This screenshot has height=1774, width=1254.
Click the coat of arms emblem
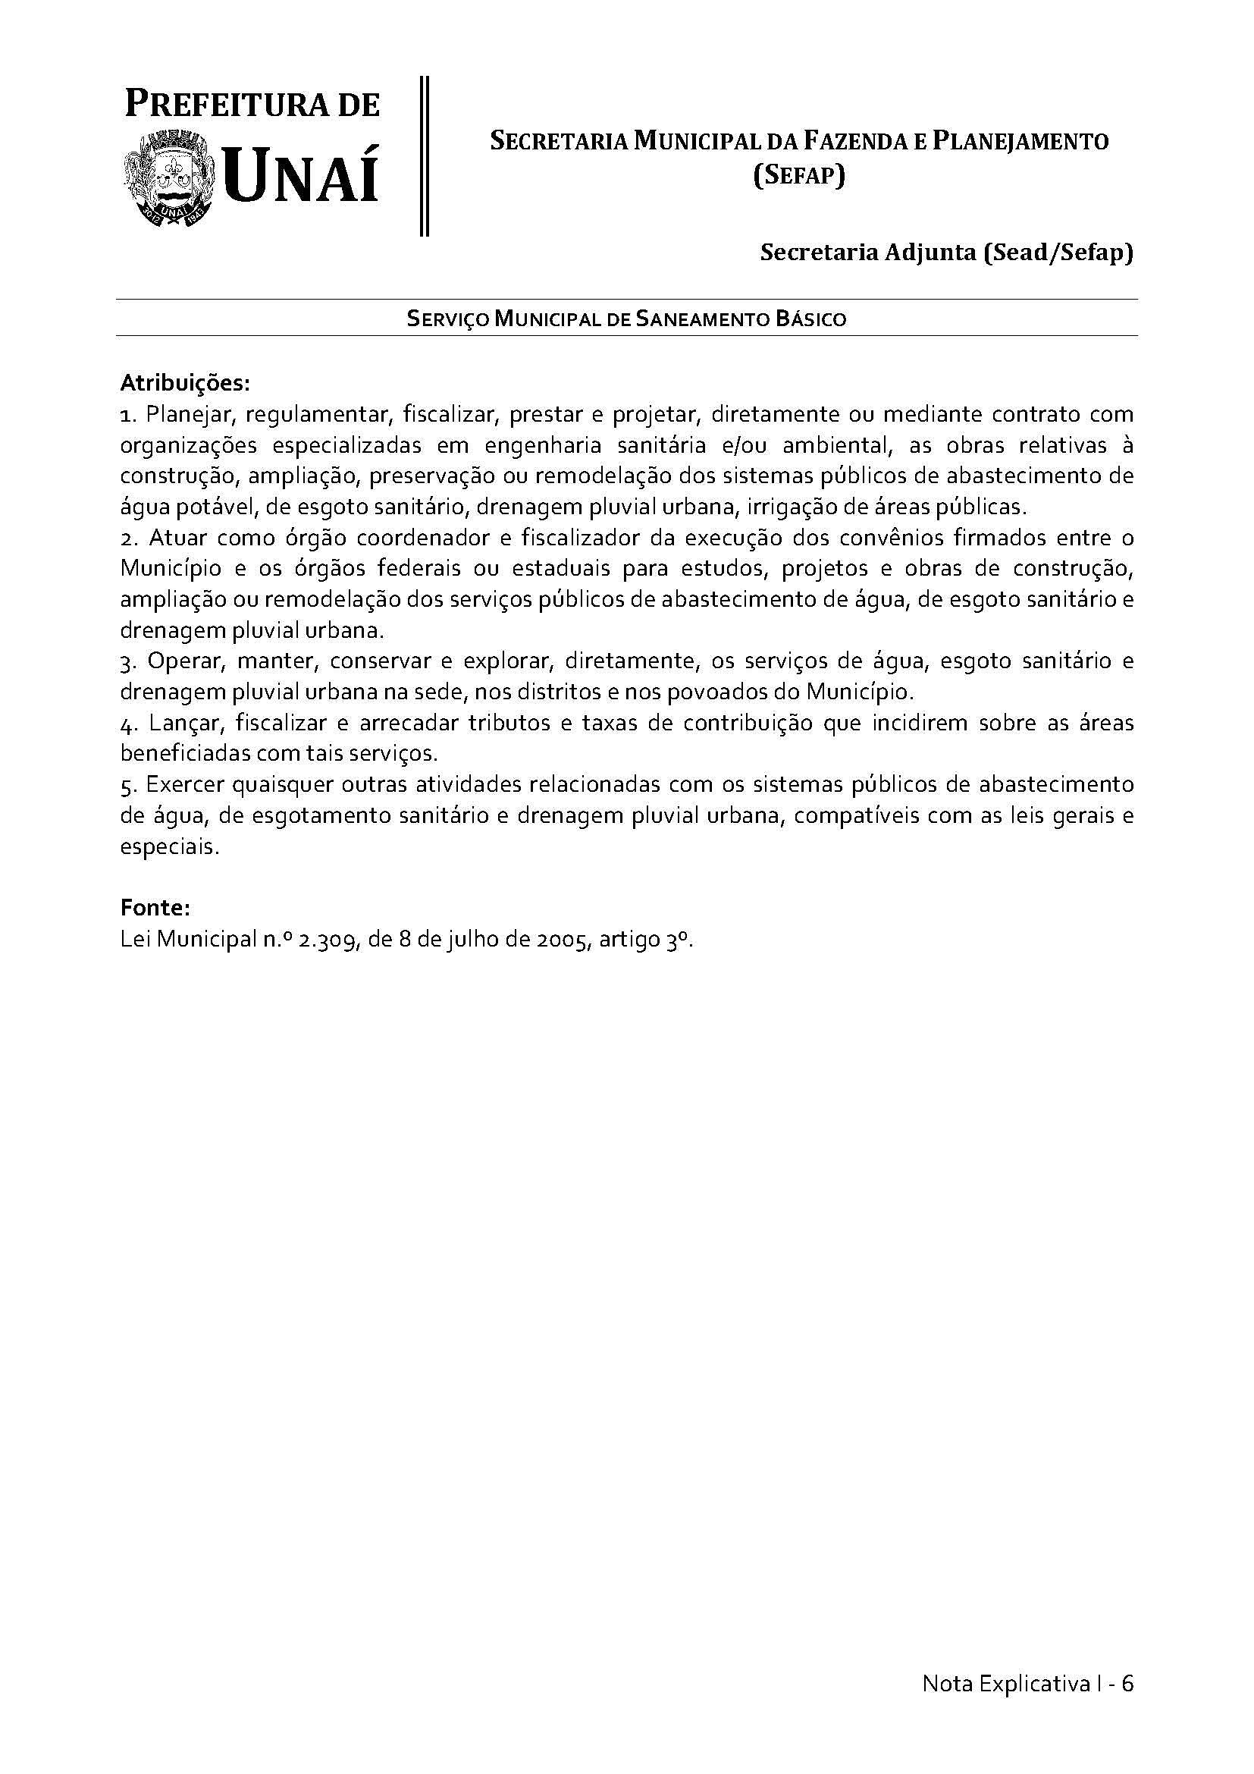(x=170, y=180)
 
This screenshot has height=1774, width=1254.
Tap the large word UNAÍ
(x=302, y=177)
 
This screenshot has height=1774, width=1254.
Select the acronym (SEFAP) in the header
(x=798, y=177)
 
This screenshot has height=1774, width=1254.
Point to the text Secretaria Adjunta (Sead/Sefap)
(x=947, y=253)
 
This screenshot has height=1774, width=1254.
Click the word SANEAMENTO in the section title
(x=701, y=319)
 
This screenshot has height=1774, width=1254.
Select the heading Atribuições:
(x=185, y=382)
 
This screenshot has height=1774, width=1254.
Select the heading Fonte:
(x=155, y=907)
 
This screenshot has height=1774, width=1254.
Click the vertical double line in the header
(x=424, y=155)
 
